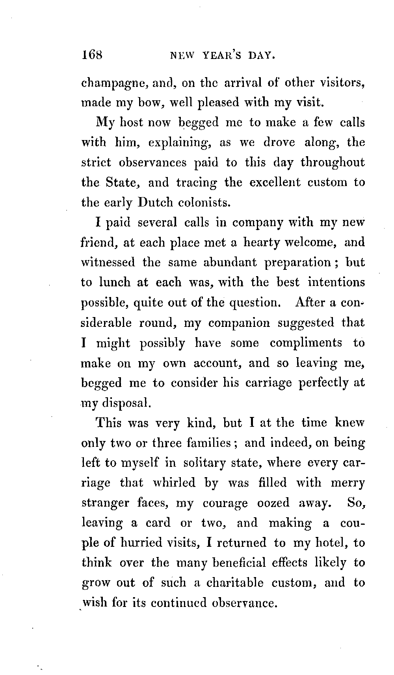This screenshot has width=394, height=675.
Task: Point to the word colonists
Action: (204, 203)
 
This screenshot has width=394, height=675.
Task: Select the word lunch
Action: (114, 282)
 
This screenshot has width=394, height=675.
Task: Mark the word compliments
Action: (306, 343)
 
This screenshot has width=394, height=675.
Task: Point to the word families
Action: (209, 443)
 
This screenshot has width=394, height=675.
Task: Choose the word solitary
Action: (204, 463)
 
